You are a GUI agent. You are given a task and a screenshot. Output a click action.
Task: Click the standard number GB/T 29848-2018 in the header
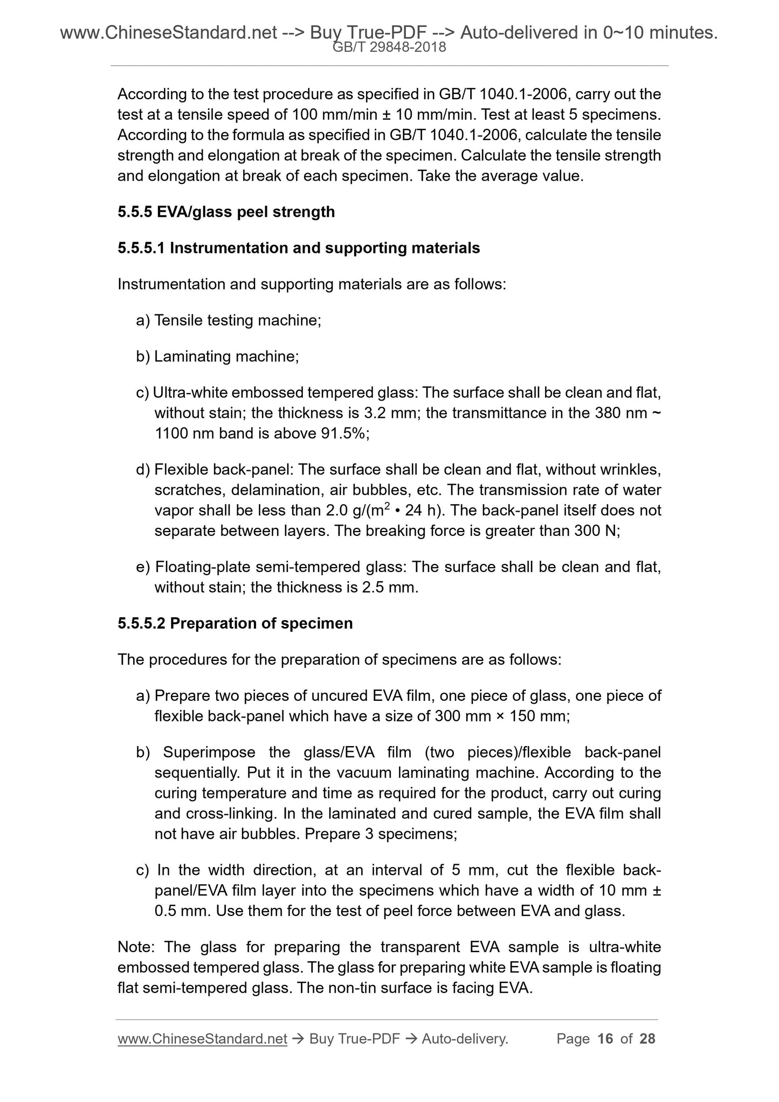[x=389, y=47]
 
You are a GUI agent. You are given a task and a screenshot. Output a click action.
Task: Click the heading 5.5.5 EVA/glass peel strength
[x=226, y=212]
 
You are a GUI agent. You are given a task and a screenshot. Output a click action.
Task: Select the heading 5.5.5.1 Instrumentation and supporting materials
[x=299, y=248]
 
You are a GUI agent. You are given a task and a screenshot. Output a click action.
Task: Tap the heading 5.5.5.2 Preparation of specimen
[x=235, y=623]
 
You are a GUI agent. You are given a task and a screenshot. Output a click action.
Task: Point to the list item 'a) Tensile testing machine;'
[x=229, y=320]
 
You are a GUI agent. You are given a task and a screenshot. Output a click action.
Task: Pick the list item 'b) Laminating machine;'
[x=217, y=356]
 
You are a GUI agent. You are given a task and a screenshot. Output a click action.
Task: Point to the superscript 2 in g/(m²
[x=391, y=506]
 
